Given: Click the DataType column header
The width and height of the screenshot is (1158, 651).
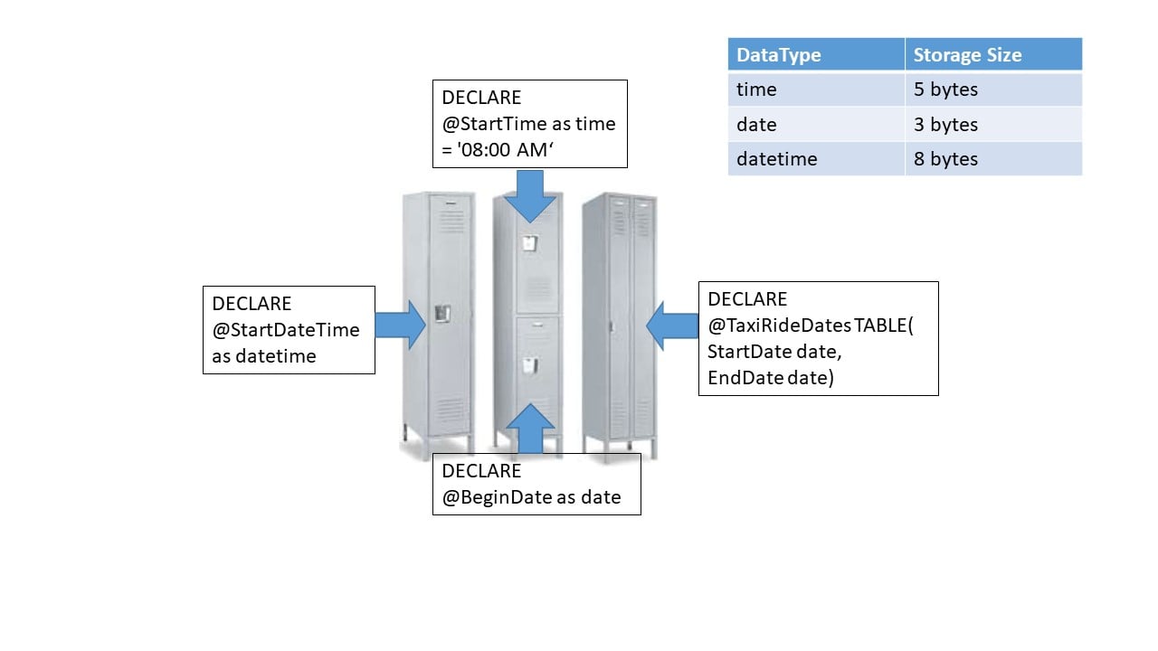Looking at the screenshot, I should [x=778, y=55].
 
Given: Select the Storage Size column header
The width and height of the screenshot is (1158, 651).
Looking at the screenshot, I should [x=966, y=55].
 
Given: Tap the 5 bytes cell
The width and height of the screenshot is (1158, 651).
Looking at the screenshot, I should [x=945, y=90].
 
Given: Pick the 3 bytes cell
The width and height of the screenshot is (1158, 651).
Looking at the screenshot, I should [x=945, y=124].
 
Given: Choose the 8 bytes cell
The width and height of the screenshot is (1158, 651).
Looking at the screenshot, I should [x=945, y=158].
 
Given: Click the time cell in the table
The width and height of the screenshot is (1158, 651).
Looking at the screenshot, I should [x=756, y=90].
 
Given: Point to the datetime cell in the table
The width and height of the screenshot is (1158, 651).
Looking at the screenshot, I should [x=776, y=158].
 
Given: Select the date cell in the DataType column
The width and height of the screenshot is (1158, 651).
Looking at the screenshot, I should [x=756, y=124].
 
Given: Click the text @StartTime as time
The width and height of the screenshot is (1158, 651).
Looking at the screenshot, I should [x=528, y=124].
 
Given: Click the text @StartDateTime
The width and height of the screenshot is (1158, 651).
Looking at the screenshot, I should [x=286, y=330].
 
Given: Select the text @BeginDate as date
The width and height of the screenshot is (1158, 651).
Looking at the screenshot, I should [x=531, y=496].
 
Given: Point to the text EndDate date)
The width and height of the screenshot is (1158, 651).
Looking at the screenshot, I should [x=770, y=377].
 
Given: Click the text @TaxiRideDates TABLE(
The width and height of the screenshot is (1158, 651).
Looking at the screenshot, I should [x=811, y=325].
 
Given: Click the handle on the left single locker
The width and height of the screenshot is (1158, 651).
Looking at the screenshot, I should [x=441, y=314].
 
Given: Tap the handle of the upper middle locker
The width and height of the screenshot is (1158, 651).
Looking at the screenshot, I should [x=529, y=243].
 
